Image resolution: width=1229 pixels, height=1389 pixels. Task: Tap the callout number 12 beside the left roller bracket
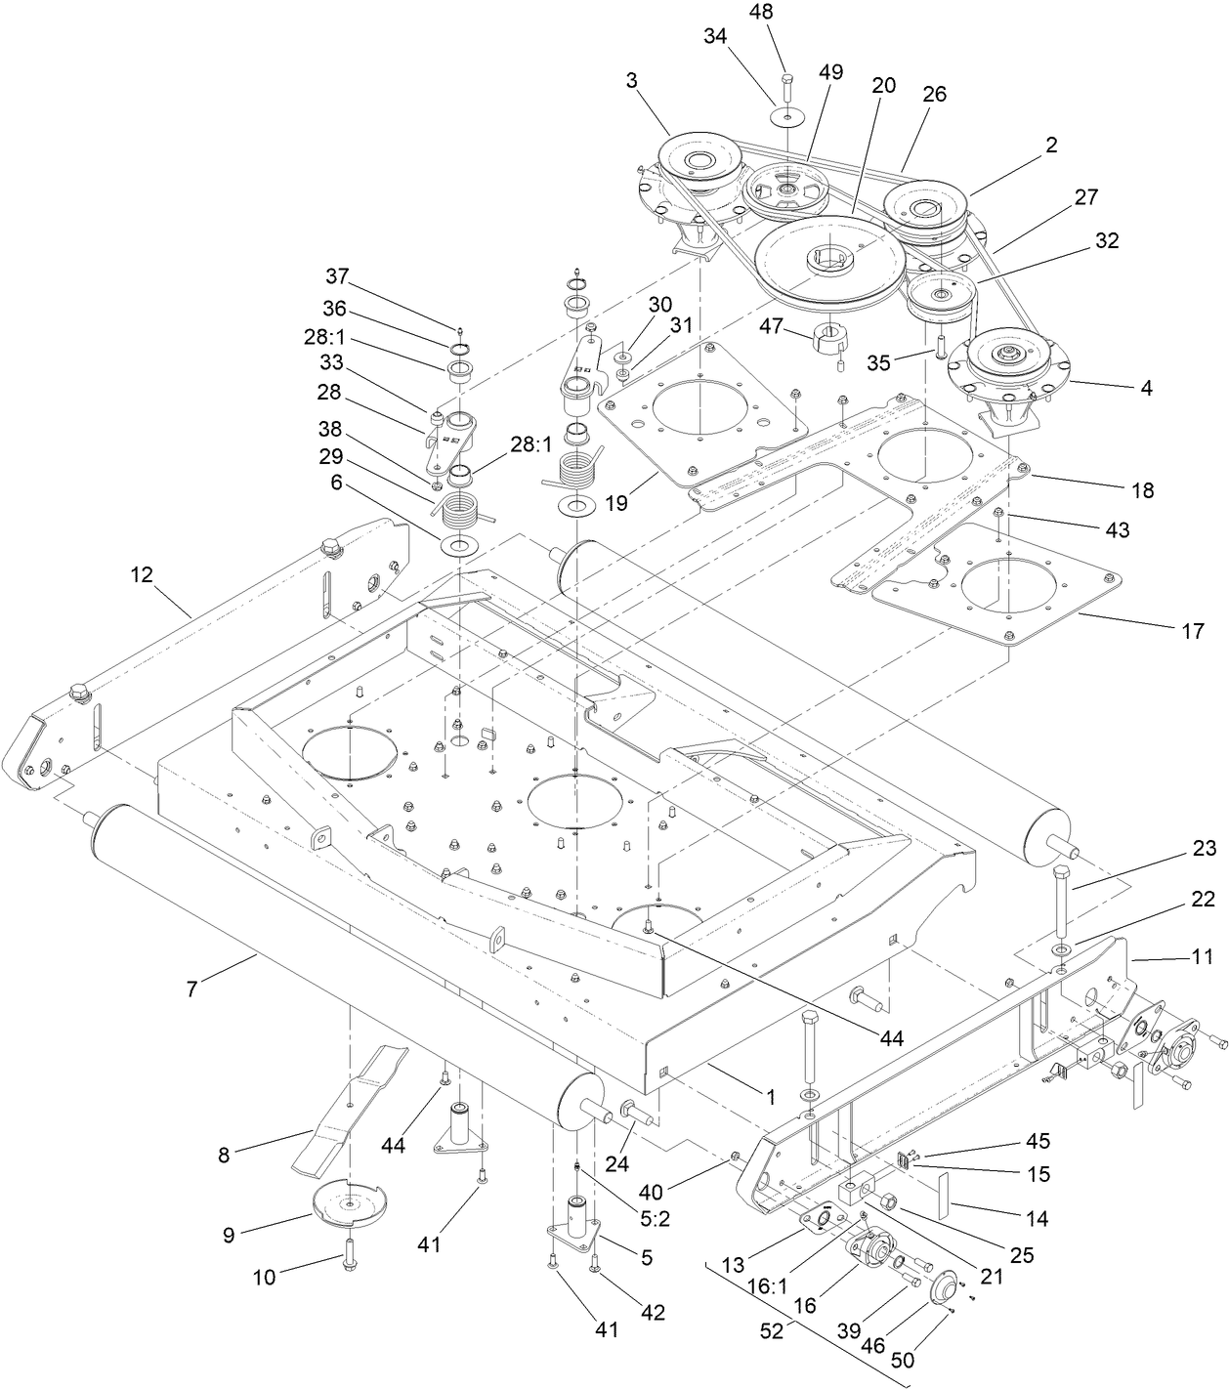click(142, 574)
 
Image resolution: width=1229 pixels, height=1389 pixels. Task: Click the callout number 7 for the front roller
click(191, 989)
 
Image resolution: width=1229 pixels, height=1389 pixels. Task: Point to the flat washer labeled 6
click(460, 544)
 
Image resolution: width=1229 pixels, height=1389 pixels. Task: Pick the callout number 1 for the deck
click(770, 1097)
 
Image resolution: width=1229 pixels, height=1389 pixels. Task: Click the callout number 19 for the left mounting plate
click(616, 504)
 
